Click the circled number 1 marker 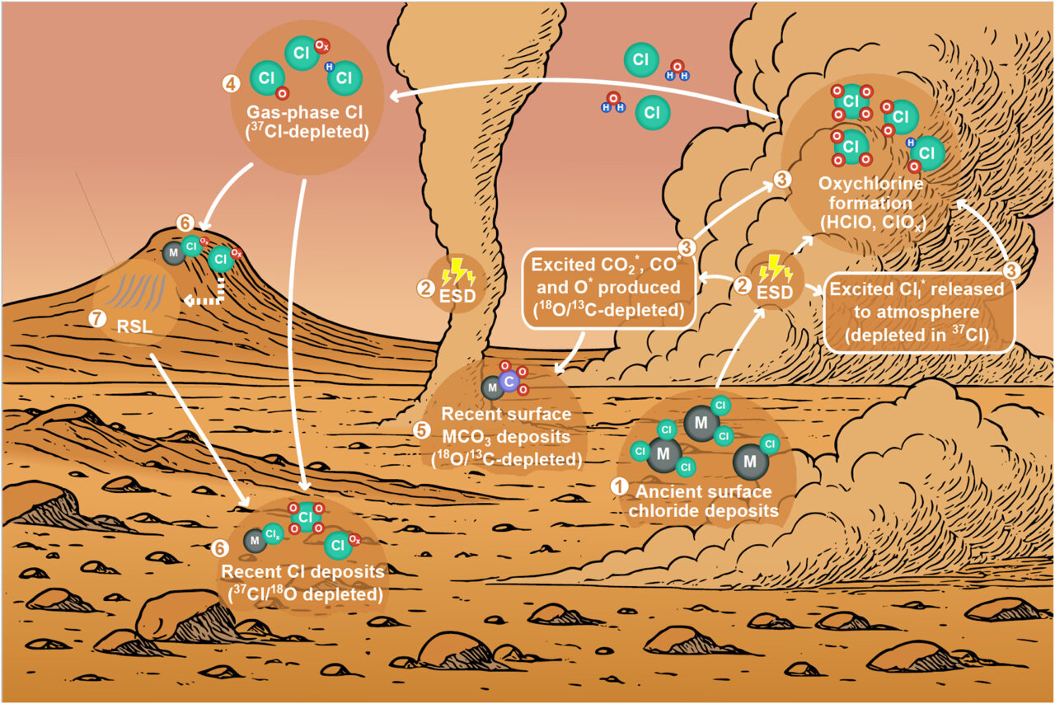tap(619, 486)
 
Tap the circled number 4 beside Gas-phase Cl tap(231, 83)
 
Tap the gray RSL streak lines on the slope tap(144, 290)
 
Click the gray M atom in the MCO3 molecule tap(492, 387)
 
